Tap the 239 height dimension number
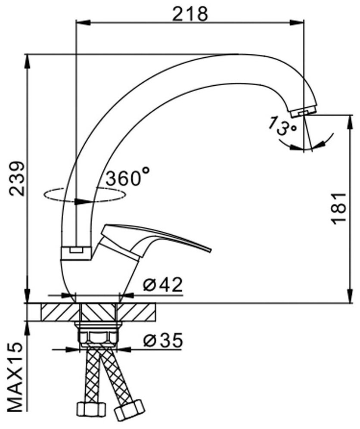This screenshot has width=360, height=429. click(16, 178)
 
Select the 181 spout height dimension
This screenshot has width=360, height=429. click(338, 208)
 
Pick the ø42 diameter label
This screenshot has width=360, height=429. click(162, 285)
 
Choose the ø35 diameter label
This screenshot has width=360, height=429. click(162, 340)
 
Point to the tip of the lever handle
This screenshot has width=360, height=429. click(210, 249)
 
